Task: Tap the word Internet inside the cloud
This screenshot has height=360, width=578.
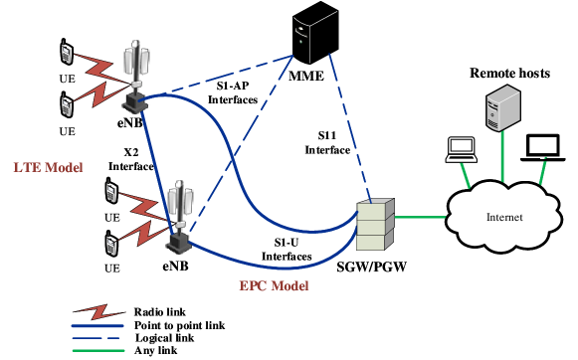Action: tap(504, 218)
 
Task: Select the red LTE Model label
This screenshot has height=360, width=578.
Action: tap(48, 166)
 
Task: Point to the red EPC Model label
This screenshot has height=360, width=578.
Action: tap(274, 285)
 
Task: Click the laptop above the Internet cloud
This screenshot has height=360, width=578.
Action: tap(461, 149)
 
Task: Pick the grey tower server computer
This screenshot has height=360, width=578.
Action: tap(502, 110)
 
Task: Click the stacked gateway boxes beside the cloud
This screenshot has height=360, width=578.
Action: tap(375, 225)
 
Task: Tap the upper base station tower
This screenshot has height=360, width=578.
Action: tap(137, 74)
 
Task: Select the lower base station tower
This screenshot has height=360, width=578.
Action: tap(179, 215)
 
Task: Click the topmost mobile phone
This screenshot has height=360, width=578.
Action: tap(67, 53)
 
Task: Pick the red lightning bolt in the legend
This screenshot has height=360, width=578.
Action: tap(98, 311)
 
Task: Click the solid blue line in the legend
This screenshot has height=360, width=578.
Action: tap(97, 325)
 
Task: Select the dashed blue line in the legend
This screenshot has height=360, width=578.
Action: tap(97, 337)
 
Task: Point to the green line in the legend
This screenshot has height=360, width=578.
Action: tap(97, 350)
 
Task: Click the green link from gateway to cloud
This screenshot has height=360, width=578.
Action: tap(421, 216)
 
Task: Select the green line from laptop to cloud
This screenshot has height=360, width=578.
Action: tap(468, 175)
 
